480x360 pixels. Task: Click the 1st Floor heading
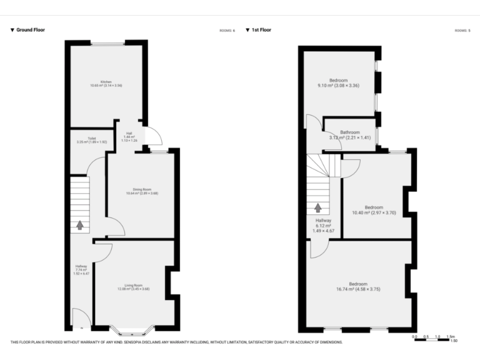(261, 30)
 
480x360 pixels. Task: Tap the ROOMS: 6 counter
(227, 30)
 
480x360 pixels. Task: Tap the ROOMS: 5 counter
(462, 30)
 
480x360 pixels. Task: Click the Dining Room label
(142, 191)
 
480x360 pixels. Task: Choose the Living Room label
(134, 287)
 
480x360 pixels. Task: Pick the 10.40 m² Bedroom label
(374, 210)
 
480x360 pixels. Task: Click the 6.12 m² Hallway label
(323, 226)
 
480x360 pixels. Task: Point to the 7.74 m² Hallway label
(81, 270)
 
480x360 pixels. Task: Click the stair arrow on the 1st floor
(319, 208)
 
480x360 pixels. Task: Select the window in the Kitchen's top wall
(108, 42)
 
